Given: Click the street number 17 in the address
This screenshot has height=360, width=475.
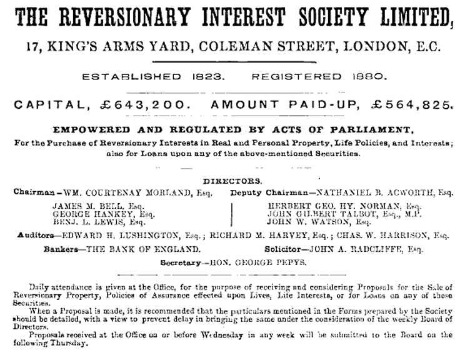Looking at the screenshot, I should [x=27, y=46].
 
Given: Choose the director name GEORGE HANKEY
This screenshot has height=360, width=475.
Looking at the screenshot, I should [x=88, y=213].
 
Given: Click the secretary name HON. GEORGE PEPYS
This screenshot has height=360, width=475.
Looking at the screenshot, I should [x=260, y=262].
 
